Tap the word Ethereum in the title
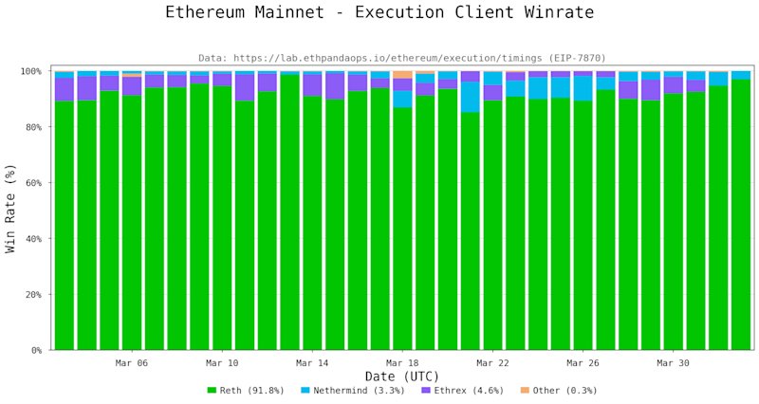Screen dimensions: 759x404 [x=205, y=11]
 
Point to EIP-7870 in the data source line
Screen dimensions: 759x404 [x=576, y=58]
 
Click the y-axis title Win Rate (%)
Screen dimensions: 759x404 [x=10, y=209]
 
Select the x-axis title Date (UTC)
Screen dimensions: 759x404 [x=401, y=376]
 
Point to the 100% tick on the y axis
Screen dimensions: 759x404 [x=30, y=72]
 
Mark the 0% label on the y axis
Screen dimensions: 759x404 [x=36, y=350]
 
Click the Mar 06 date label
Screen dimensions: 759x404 [x=132, y=363]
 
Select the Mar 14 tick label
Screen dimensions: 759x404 [x=312, y=363]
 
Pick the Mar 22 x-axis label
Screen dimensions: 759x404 [x=492, y=363]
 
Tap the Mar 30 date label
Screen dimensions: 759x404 [x=674, y=363]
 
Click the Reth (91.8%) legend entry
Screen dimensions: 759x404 [x=246, y=391]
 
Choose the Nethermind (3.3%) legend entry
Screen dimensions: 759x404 [x=352, y=391]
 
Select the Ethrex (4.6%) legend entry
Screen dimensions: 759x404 [x=463, y=391]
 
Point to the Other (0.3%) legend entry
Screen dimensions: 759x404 [x=559, y=391]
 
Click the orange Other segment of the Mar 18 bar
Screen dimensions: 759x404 [x=402, y=75]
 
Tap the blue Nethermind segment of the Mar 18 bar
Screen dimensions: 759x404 [x=402, y=100]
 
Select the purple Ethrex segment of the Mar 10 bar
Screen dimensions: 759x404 [x=222, y=80]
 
